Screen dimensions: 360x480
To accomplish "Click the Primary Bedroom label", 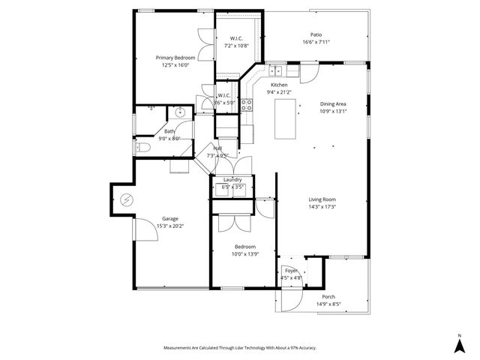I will pos(175,58).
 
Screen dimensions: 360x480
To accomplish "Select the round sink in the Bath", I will pos(179,112).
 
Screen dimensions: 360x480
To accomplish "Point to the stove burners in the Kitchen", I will pos(245,104).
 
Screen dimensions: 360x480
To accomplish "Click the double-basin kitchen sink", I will pos(275,72).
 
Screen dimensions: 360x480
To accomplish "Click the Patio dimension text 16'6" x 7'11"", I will pos(316,43).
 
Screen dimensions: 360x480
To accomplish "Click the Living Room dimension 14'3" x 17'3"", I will pos(322,207).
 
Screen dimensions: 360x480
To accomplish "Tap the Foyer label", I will pos(291,270).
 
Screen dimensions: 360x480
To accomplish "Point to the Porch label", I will pos(328,296).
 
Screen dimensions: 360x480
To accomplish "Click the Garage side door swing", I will pos(145,230).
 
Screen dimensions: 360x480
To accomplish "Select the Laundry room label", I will pos(232,179).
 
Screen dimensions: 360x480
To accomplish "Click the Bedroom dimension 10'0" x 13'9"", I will pos(244,254).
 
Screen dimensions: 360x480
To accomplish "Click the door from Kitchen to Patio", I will pos(308,73).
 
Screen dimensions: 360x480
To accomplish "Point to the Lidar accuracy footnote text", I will pos(239,347).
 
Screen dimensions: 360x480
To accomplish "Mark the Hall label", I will pos(217,148).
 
